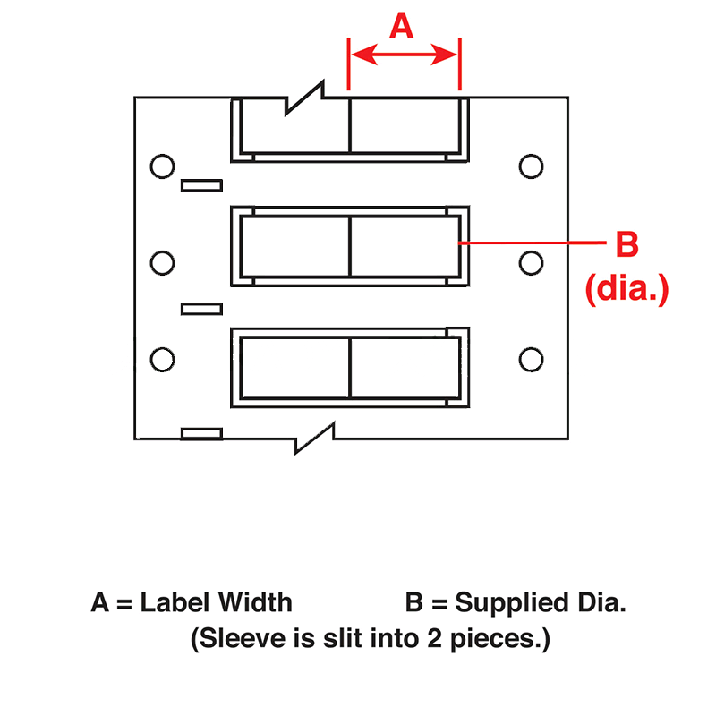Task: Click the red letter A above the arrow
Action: [x=401, y=26]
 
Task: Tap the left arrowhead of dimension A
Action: [x=364, y=55]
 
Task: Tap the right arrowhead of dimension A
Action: [x=444, y=55]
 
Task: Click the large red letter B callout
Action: [x=627, y=244]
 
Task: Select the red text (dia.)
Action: [x=627, y=289]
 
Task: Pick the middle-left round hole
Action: [x=162, y=263]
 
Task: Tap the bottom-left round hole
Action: [x=162, y=360]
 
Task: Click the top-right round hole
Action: [x=531, y=166]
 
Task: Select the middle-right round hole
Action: [x=531, y=263]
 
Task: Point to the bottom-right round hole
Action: [x=531, y=360]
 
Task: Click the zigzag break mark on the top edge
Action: [x=304, y=98]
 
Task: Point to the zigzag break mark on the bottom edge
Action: [x=315, y=439]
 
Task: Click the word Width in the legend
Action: [x=254, y=602]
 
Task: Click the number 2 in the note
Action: [x=435, y=638]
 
